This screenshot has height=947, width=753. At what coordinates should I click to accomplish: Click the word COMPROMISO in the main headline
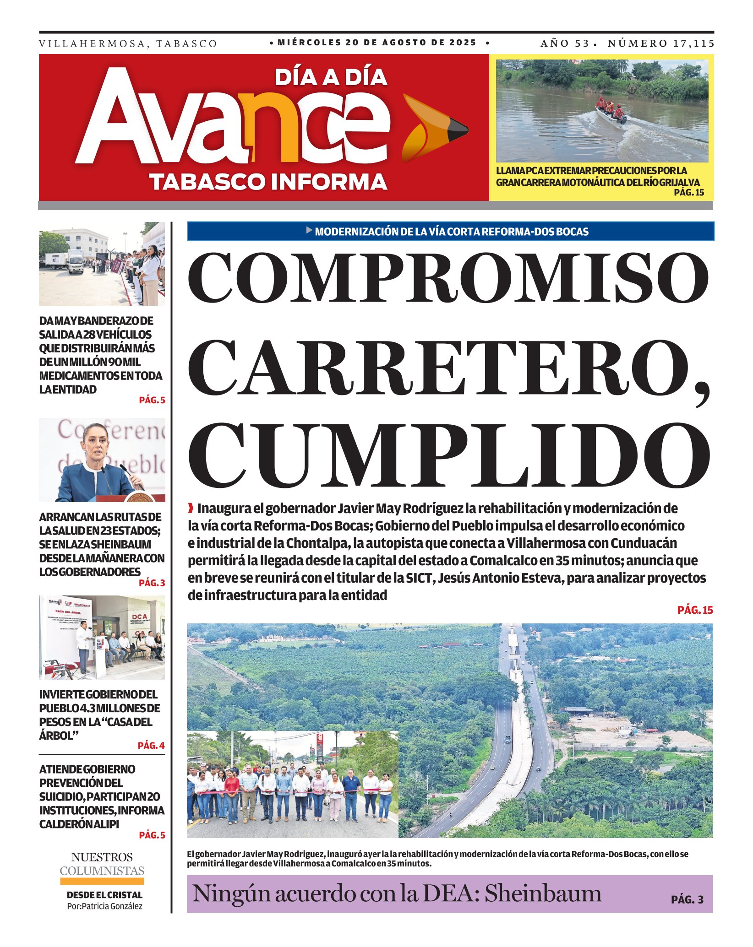pos(449,278)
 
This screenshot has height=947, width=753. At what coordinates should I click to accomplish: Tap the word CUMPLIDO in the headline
pos(449,455)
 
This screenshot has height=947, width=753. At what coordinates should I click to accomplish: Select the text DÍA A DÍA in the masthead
pos(331,77)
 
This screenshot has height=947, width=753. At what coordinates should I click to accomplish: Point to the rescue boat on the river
pos(611,112)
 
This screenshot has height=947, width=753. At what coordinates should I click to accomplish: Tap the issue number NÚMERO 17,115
pos(660,43)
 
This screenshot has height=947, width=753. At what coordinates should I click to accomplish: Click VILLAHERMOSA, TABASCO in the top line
pos(128,44)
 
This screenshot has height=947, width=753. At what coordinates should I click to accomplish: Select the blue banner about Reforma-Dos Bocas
pos(450,232)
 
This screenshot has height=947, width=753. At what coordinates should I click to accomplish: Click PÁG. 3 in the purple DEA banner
pos(687,899)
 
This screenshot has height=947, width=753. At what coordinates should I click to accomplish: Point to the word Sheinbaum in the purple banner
pos(543,893)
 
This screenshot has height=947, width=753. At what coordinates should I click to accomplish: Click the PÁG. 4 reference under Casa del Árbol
pos(151,746)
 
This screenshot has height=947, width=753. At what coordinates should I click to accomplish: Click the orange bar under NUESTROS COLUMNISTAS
pos(102,881)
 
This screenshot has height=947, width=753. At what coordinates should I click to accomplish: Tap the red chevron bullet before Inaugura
pos(191,508)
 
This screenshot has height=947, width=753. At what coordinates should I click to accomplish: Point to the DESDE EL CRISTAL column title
pos(104,895)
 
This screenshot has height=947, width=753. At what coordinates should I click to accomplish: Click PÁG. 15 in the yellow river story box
pos(688,193)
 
